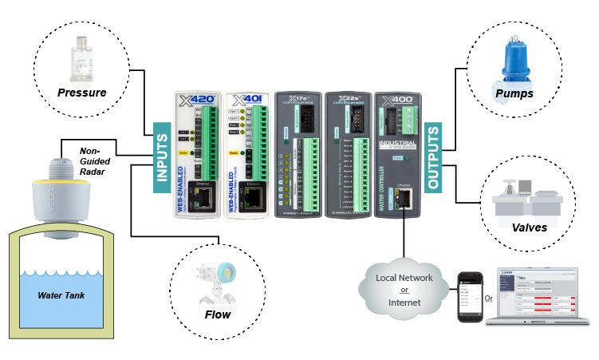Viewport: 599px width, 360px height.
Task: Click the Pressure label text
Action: pos(81,93)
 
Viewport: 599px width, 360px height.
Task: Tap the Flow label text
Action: pos(217,315)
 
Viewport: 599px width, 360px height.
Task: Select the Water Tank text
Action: pos(61,295)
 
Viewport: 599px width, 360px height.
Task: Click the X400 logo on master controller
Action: pos(399,101)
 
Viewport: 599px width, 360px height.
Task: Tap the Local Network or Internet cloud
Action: pos(400,288)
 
